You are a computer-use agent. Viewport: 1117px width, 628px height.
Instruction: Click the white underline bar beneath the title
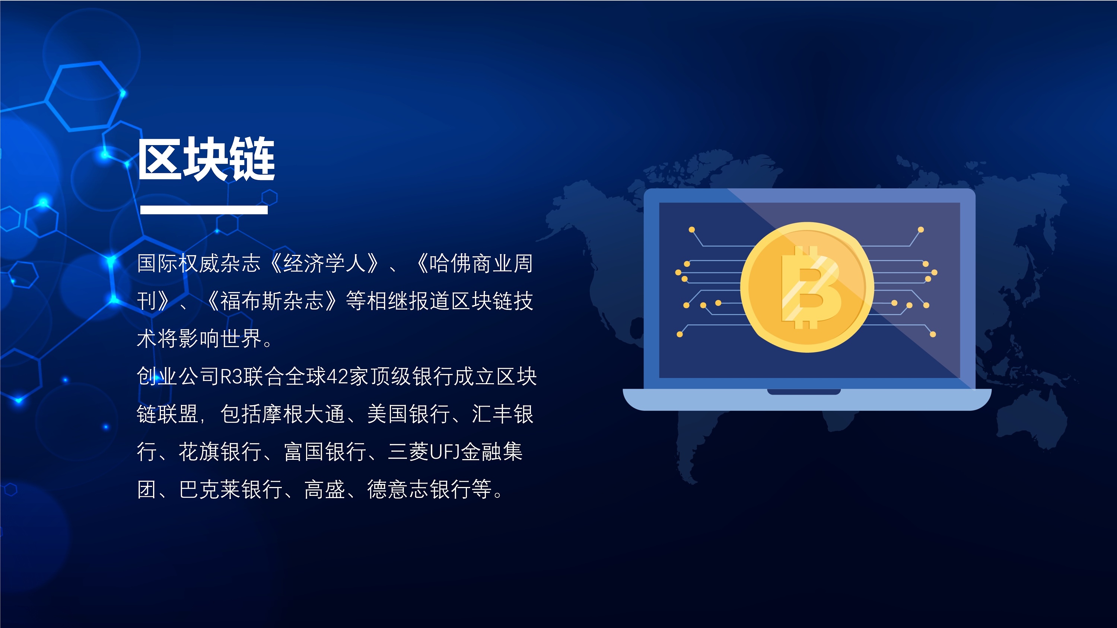204,210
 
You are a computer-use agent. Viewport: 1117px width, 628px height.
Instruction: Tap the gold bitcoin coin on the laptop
806,287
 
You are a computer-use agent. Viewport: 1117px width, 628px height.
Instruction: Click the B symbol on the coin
809,287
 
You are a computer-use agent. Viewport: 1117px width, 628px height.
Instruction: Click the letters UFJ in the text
445,452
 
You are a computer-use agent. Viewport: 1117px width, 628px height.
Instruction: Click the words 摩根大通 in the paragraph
303,414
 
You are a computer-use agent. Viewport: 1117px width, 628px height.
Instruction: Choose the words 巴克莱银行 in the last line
231,489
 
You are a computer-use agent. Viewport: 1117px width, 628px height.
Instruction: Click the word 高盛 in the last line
325,489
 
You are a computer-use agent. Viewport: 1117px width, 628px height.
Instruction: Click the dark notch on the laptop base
803,392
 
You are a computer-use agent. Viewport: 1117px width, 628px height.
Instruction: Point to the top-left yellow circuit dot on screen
692,230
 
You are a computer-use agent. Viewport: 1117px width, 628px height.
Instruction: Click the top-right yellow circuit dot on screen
920,230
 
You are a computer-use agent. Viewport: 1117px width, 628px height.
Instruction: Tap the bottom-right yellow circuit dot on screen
933,334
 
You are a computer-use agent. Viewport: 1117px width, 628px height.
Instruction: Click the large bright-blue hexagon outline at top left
85,96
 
